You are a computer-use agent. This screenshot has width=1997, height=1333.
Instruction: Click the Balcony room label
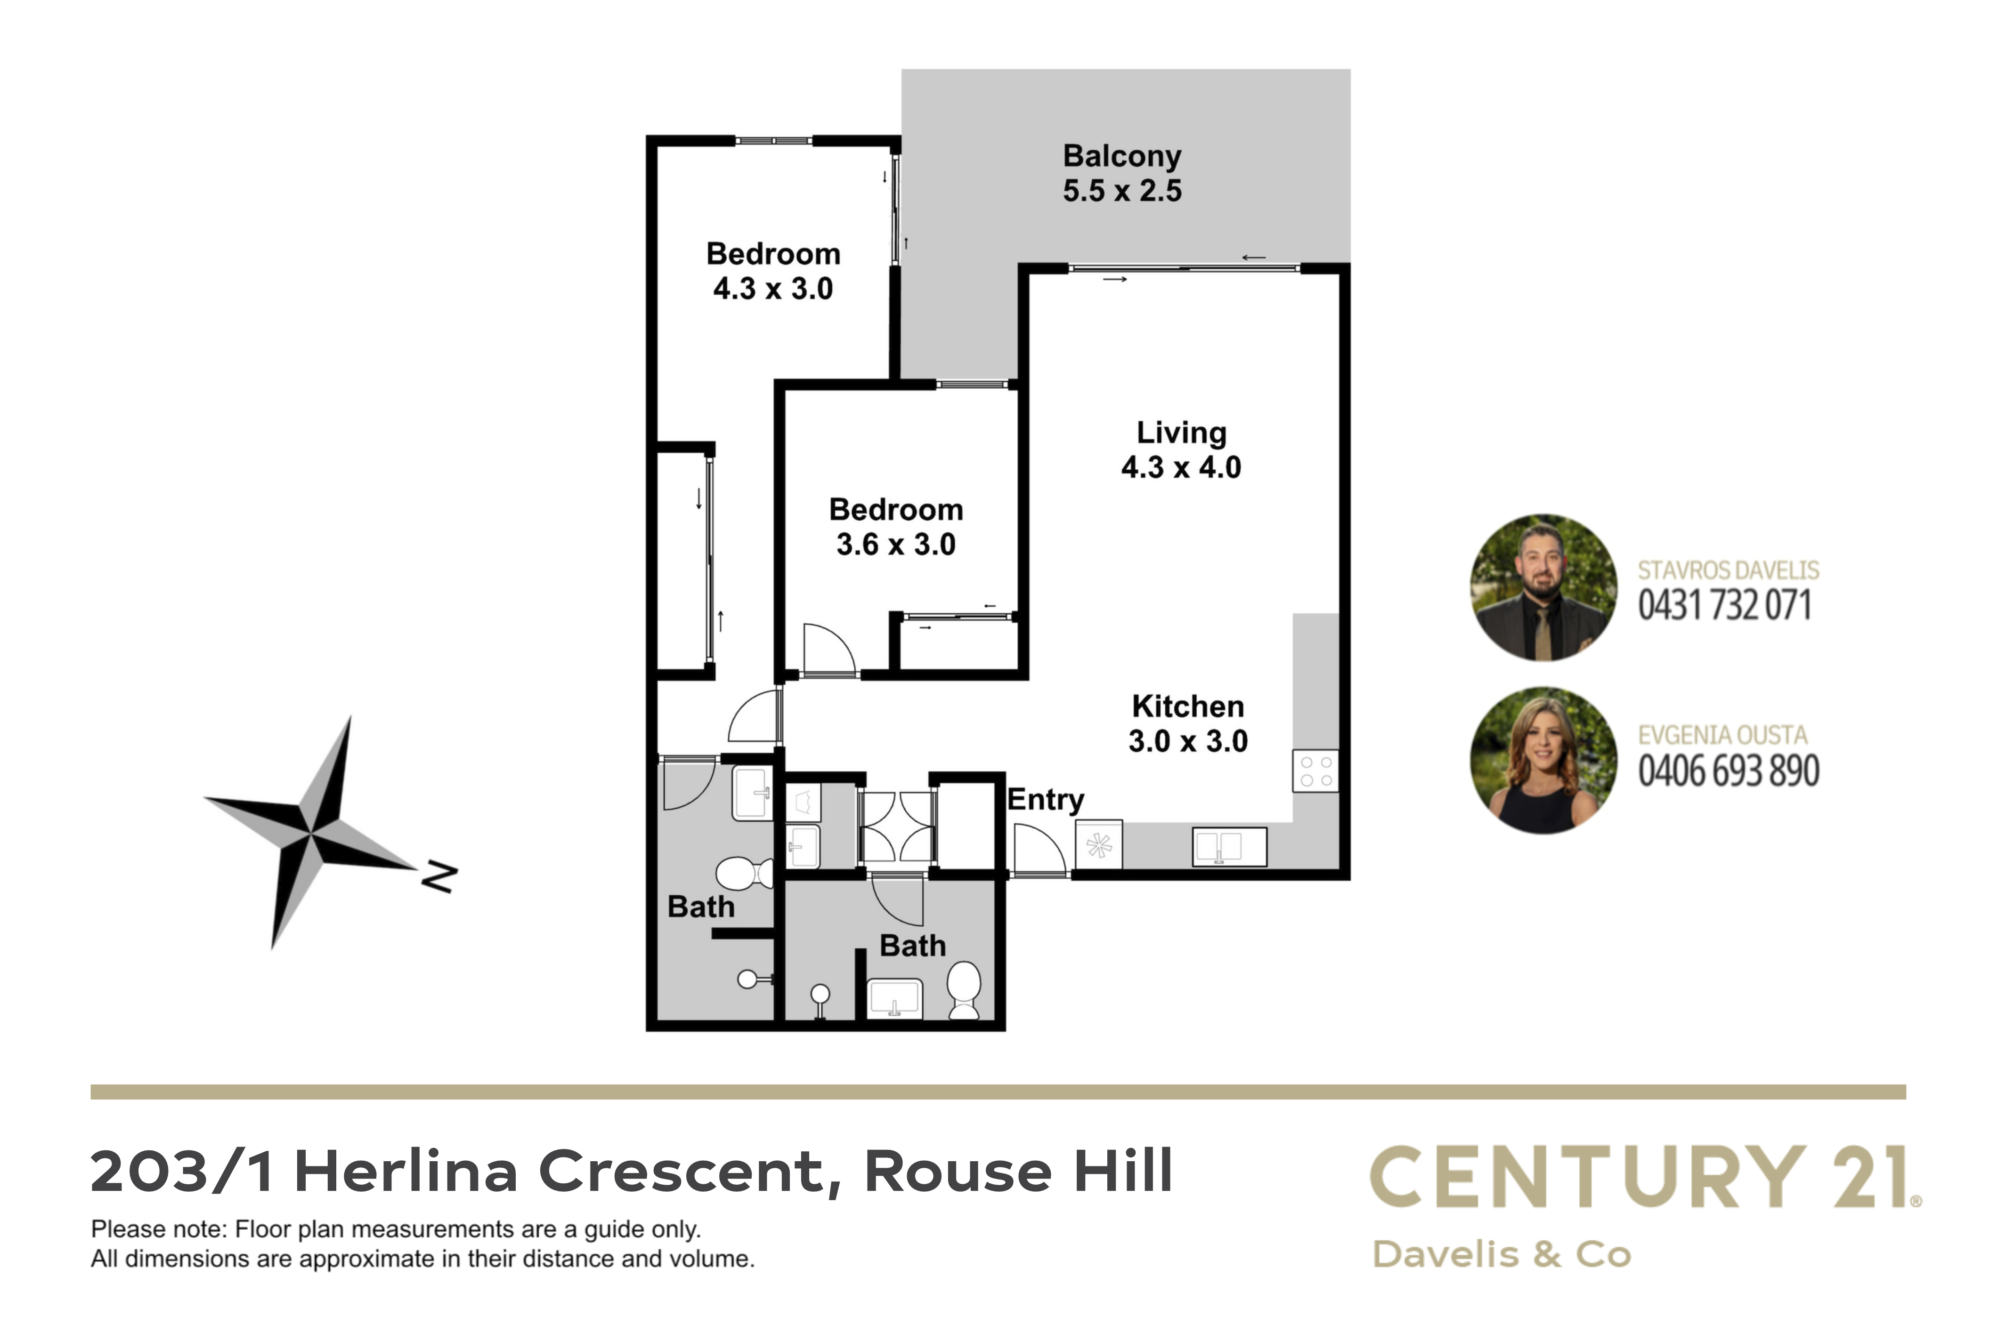pyautogui.click(x=1122, y=156)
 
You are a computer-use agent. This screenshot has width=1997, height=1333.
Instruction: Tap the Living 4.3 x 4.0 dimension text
pyautogui.click(x=1181, y=467)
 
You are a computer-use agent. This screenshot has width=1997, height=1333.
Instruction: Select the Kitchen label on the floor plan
pyautogui.click(x=1187, y=707)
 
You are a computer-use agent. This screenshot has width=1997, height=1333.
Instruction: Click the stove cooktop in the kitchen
pyautogui.click(x=1315, y=771)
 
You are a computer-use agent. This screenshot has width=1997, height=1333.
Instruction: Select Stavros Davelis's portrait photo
pyautogui.click(x=1544, y=587)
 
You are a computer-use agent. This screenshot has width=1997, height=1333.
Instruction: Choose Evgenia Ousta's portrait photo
pyautogui.click(x=1544, y=760)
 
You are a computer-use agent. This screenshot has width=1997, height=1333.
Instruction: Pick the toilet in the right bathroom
pyautogui.click(x=965, y=989)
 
